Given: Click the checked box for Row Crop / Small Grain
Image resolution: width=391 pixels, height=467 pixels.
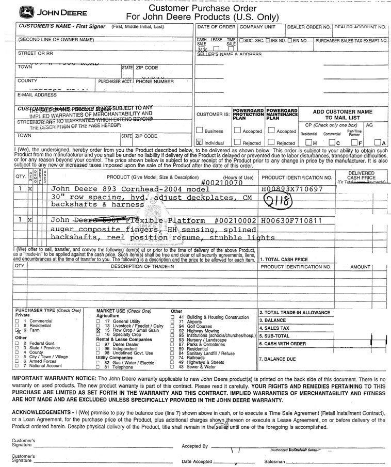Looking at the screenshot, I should tap(99, 330).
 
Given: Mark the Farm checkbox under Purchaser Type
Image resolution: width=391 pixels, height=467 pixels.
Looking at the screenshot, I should tap(17, 330).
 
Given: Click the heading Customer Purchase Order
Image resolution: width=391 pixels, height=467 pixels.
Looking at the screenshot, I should tap(202, 9).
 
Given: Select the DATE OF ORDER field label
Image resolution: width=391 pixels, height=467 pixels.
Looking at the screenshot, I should tap(216, 27).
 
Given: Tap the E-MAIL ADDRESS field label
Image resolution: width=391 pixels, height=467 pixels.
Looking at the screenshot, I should tap(37, 95).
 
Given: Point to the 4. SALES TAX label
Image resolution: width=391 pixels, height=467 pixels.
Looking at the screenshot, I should tap(274, 328).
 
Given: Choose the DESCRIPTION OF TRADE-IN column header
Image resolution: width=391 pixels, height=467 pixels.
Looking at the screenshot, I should tap(142, 266).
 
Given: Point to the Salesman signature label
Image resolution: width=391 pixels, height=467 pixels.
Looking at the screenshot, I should tap(274, 461).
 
